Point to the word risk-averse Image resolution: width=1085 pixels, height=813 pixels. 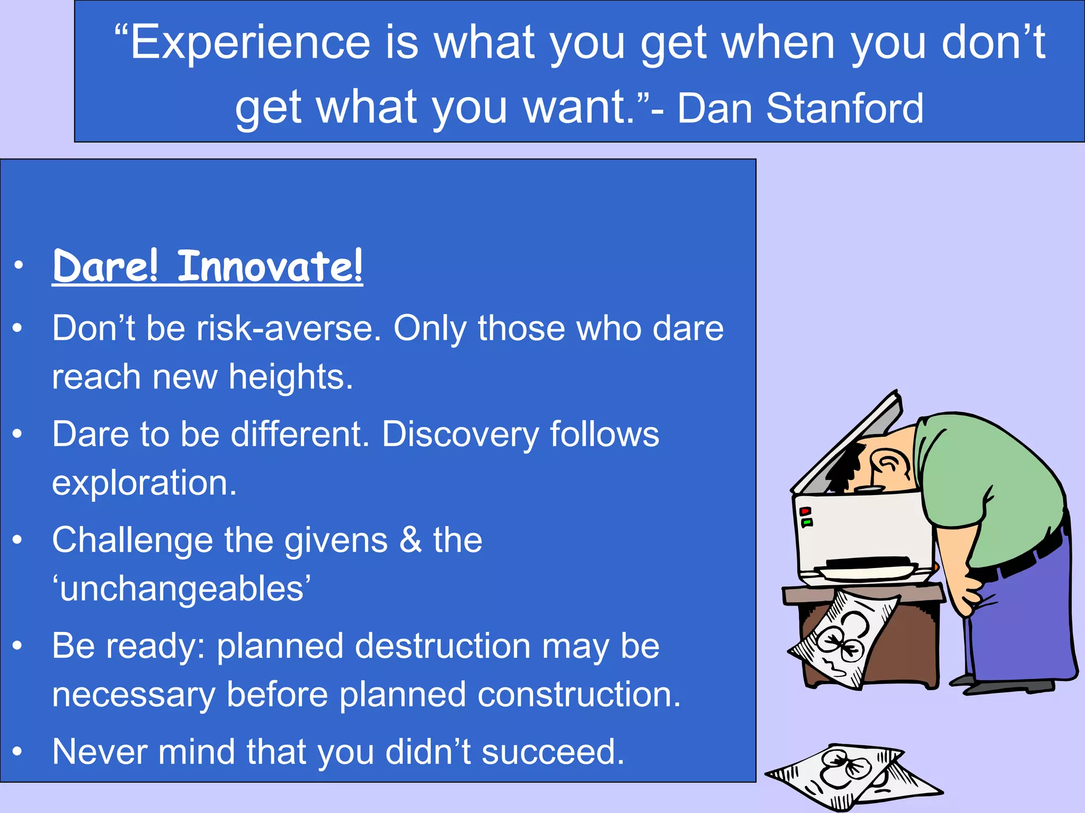289,329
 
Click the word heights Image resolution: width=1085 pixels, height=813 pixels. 290,377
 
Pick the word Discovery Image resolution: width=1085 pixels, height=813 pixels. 459,435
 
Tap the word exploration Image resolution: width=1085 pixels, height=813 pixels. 144,483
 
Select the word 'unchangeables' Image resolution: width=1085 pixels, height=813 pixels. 181,589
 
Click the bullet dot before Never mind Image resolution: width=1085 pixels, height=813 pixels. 18,752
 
